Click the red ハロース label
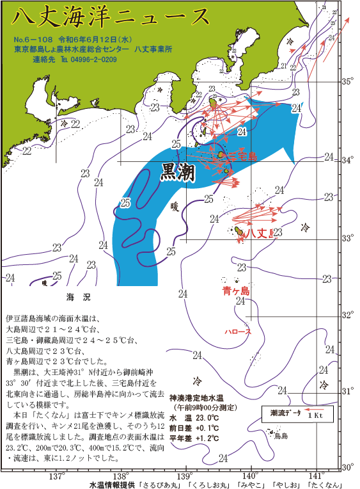coord(238,332)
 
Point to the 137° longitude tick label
coord(56,477)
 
